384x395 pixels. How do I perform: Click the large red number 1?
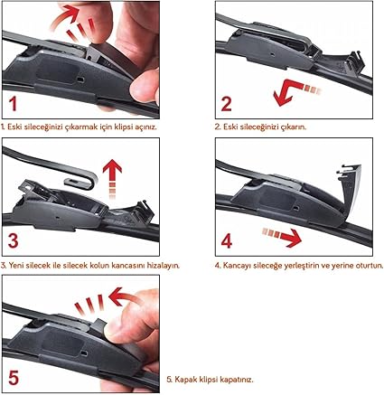13,104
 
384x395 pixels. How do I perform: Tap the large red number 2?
227,104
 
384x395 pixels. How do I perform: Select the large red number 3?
13,241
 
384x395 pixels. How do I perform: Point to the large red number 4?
227,241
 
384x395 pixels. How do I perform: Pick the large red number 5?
14,377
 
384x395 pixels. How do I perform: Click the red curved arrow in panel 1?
65,15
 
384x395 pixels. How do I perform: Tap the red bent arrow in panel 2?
289,90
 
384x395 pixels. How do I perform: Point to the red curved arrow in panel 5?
125,296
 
